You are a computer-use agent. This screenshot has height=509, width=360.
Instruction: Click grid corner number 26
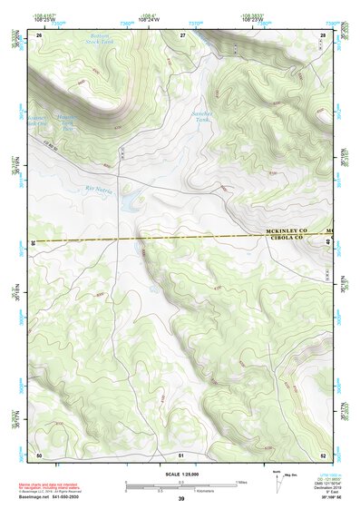pos(39,34)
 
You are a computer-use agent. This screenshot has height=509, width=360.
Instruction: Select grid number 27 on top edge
pos(182,34)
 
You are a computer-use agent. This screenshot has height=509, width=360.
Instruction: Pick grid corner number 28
pos(324,34)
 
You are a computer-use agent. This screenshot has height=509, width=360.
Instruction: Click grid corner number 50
pos(39,454)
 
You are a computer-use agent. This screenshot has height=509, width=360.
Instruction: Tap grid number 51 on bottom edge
pos(181,454)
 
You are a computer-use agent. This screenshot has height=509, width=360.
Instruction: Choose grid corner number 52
pos(324,454)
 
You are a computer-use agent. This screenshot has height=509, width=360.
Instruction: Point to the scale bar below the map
pos(180,485)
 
